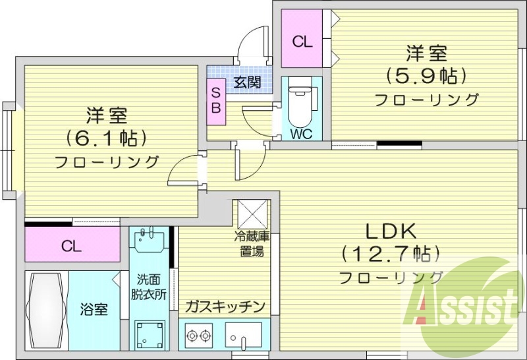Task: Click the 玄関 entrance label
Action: [x=246, y=82]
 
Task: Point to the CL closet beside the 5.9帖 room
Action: [x=302, y=42]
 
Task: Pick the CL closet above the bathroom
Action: [x=72, y=246]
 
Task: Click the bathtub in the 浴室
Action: [x=45, y=311]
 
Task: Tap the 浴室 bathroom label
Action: [x=94, y=309]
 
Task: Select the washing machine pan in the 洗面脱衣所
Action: [x=150, y=335]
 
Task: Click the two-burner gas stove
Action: [x=199, y=335]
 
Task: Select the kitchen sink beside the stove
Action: [x=243, y=335]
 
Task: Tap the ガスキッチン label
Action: [x=225, y=307]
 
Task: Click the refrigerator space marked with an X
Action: [x=250, y=212]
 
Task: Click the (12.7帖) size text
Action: [x=390, y=253]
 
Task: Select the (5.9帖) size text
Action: [x=426, y=75]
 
